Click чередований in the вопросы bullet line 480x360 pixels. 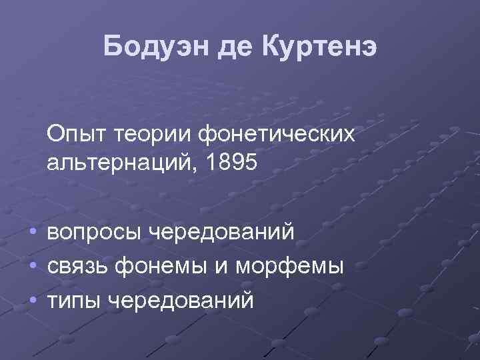220,233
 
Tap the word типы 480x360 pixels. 74,300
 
